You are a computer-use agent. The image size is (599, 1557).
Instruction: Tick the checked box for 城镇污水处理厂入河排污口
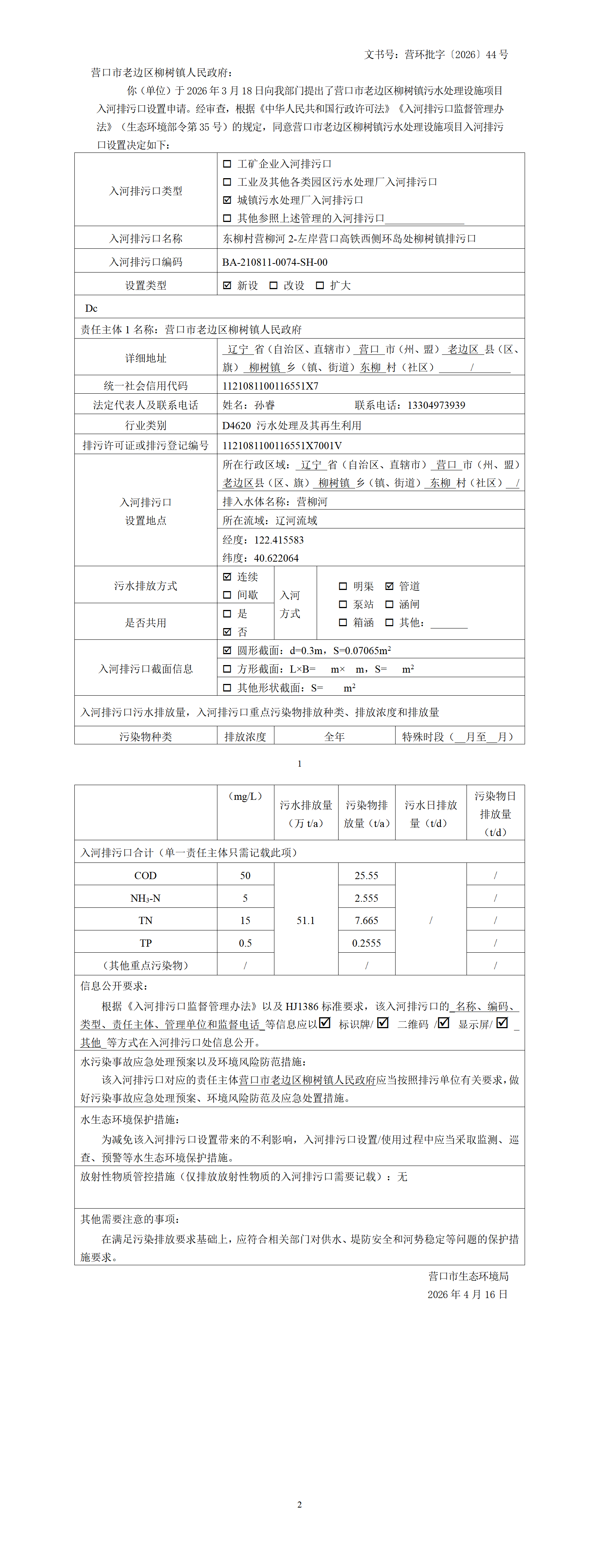click(x=227, y=200)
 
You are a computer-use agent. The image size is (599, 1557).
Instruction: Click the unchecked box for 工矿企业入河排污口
click(x=227, y=164)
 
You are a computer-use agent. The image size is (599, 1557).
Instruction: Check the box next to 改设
click(x=274, y=285)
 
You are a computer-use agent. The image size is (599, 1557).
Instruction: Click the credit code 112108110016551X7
click(x=270, y=386)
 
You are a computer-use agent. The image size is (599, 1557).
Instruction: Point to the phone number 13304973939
click(x=436, y=405)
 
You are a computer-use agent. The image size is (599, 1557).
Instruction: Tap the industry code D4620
click(x=236, y=425)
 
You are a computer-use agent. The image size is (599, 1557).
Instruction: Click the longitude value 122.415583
click(x=279, y=540)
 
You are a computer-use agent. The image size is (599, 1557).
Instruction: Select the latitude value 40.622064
click(x=276, y=558)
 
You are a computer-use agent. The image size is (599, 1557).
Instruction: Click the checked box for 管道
click(x=389, y=586)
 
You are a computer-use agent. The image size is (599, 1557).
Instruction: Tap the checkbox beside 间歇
click(x=227, y=595)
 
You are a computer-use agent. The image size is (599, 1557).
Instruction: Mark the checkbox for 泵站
click(x=343, y=604)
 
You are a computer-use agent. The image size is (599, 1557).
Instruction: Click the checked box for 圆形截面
click(x=227, y=650)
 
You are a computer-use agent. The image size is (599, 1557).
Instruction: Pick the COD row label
click(x=146, y=875)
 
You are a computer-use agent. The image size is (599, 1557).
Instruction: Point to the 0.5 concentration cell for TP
click(x=245, y=943)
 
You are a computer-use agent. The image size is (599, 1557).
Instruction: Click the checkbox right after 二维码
click(x=443, y=1023)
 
